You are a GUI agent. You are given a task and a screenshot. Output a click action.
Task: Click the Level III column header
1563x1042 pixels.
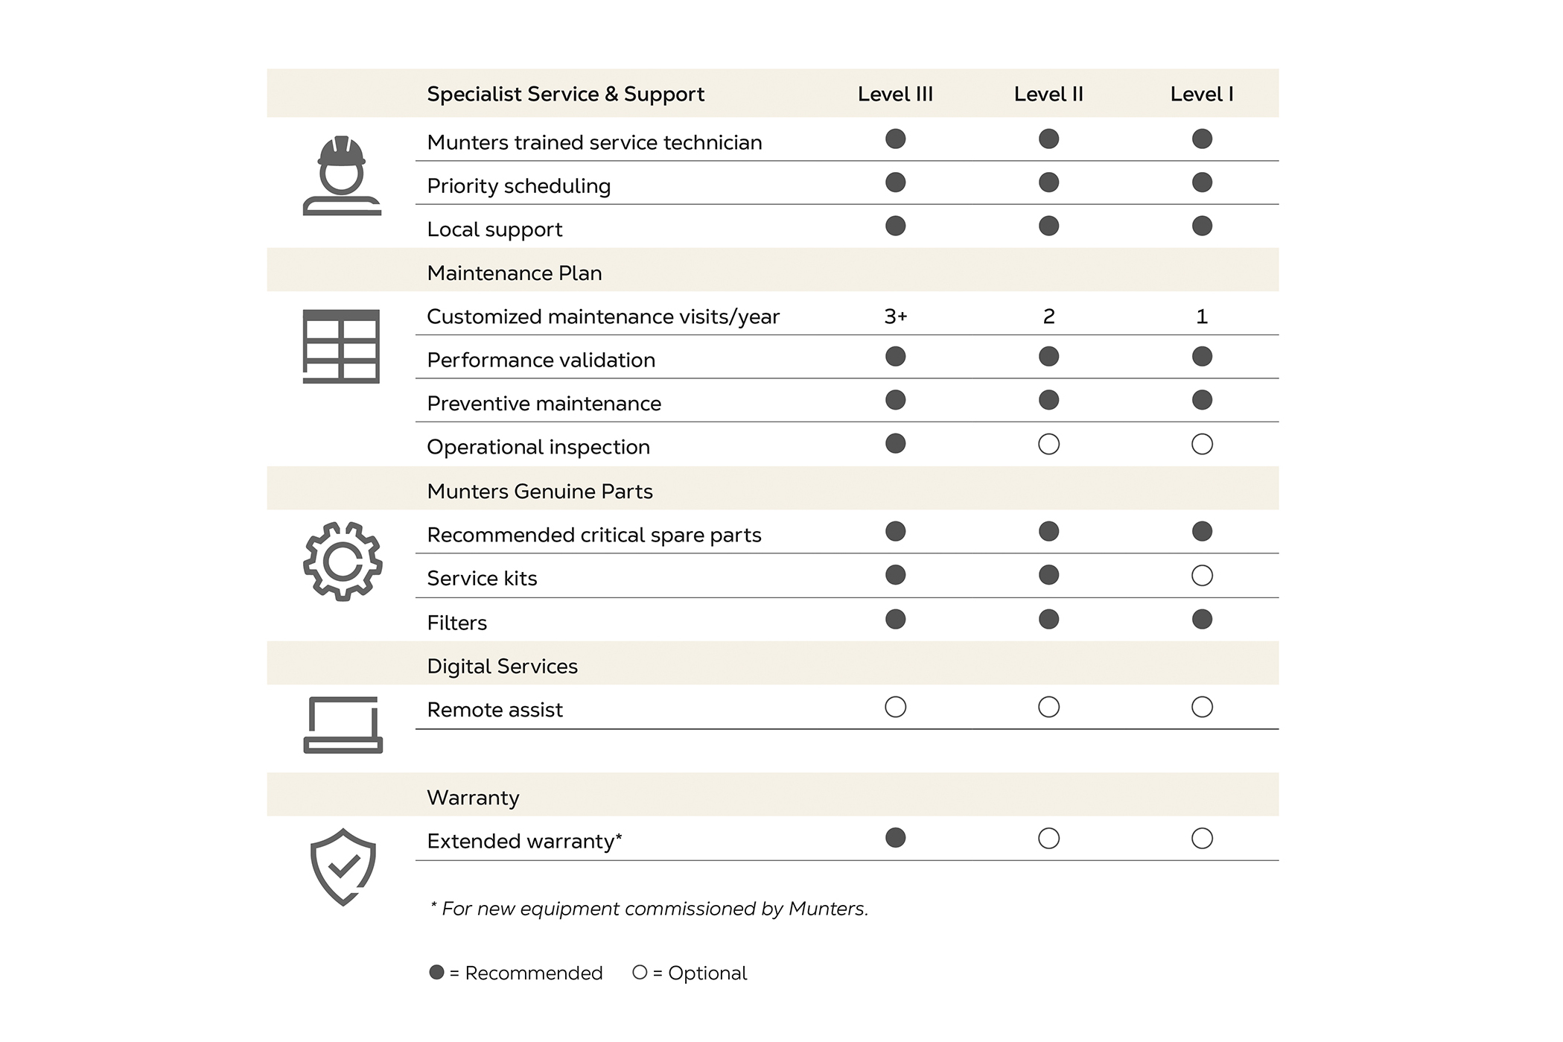pos(895,95)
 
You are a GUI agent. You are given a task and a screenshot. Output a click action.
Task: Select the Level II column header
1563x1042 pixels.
pos(1048,95)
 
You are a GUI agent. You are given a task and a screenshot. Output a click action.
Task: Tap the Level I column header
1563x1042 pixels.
pos(1201,95)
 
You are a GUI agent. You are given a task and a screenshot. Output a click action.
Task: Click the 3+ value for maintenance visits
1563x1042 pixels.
pos(895,317)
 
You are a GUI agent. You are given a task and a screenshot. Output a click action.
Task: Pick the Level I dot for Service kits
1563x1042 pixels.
pos(1202,576)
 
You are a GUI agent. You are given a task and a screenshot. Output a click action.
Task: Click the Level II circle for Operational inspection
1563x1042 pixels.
pos(1048,445)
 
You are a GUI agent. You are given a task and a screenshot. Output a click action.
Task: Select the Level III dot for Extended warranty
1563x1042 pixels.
pos(895,838)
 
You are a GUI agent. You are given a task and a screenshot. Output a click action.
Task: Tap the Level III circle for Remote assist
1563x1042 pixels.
pos(895,707)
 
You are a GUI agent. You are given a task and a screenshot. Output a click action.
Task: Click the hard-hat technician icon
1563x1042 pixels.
pos(342,176)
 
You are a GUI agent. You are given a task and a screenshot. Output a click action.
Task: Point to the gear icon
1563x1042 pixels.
pos(343,562)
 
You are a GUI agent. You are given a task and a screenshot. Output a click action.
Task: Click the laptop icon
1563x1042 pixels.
pos(343,725)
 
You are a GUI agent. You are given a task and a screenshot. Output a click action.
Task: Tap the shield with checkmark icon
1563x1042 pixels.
pos(343,867)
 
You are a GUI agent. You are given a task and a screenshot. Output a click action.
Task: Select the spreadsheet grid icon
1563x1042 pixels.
pos(341,346)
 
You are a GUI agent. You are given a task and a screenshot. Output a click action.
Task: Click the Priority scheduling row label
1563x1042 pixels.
pos(518,186)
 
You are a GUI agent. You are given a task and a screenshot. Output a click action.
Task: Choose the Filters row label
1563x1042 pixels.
pos(456,623)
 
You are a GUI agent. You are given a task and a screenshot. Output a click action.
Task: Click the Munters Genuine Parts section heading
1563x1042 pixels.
pos(539,492)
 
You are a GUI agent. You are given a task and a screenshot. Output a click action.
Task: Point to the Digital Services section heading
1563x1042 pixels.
pos(502,667)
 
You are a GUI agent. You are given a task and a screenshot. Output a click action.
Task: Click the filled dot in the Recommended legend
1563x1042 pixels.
pos(437,972)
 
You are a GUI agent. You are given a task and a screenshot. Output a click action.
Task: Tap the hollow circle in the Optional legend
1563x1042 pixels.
pos(640,972)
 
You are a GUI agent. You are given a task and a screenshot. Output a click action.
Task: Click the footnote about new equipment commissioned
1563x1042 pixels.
pos(649,909)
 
